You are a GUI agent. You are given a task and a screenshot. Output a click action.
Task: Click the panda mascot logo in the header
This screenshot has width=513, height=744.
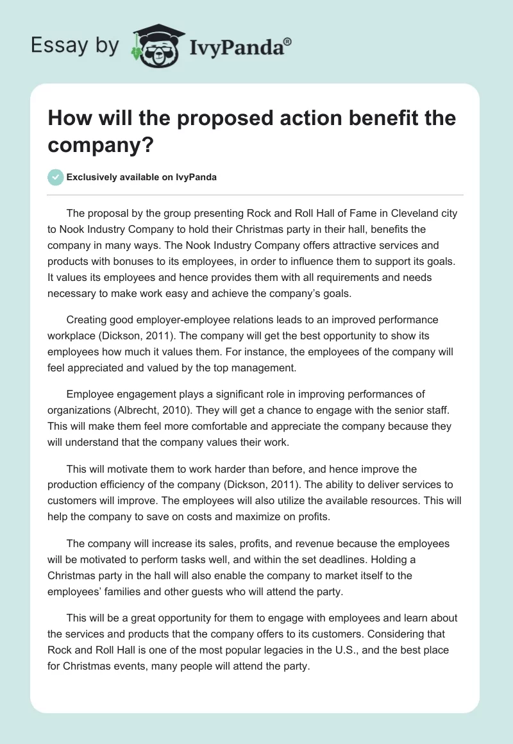[x=158, y=46]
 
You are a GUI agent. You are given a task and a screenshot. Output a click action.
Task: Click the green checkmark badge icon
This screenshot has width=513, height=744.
[x=56, y=177]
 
